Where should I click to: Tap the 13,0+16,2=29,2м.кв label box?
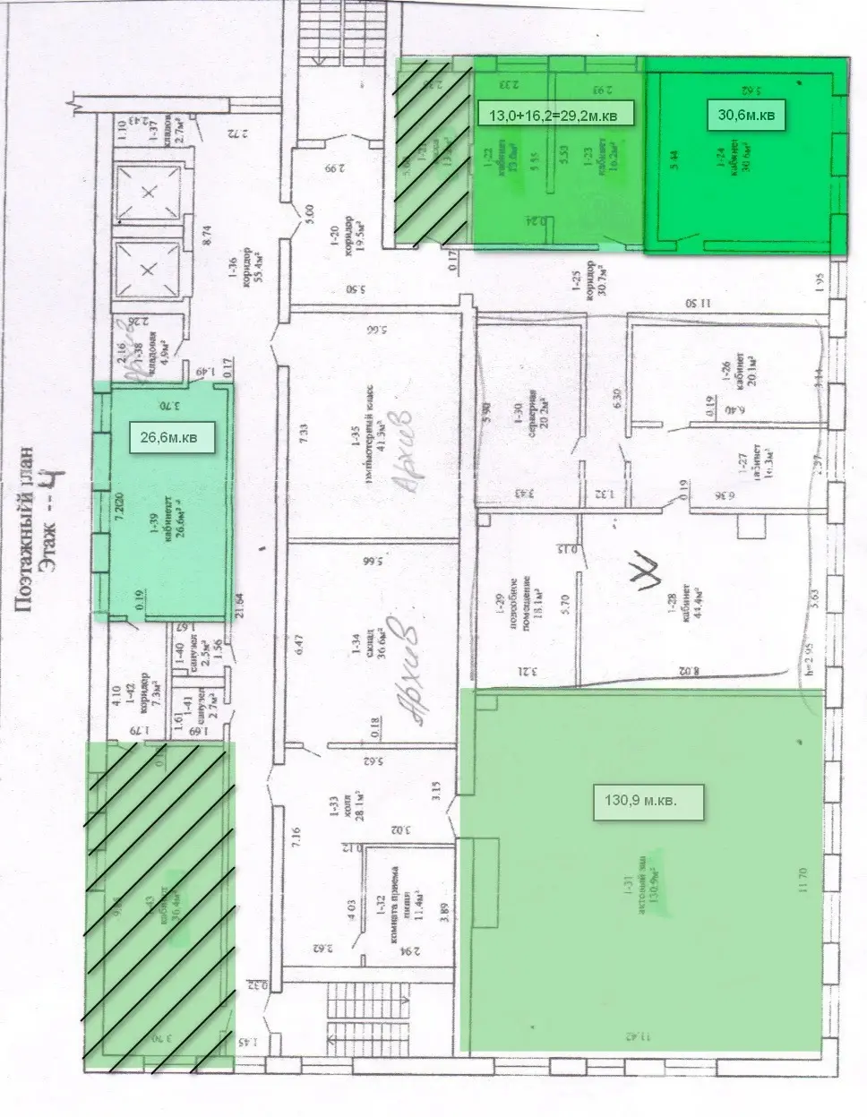pyautogui.click(x=557, y=115)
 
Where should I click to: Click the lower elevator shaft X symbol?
pyautogui.click(x=149, y=269)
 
